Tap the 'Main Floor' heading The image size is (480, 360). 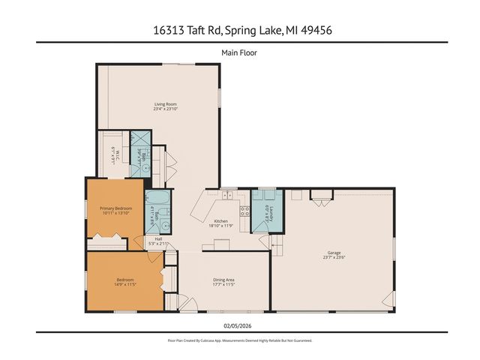pos(239,52)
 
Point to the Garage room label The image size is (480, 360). pos(334,253)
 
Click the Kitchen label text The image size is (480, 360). pos(220,220)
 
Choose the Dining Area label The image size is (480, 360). pos(224,280)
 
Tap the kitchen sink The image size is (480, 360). pos(226,196)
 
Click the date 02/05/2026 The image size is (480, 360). pos(239,325)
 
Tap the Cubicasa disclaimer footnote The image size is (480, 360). pos(239,340)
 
